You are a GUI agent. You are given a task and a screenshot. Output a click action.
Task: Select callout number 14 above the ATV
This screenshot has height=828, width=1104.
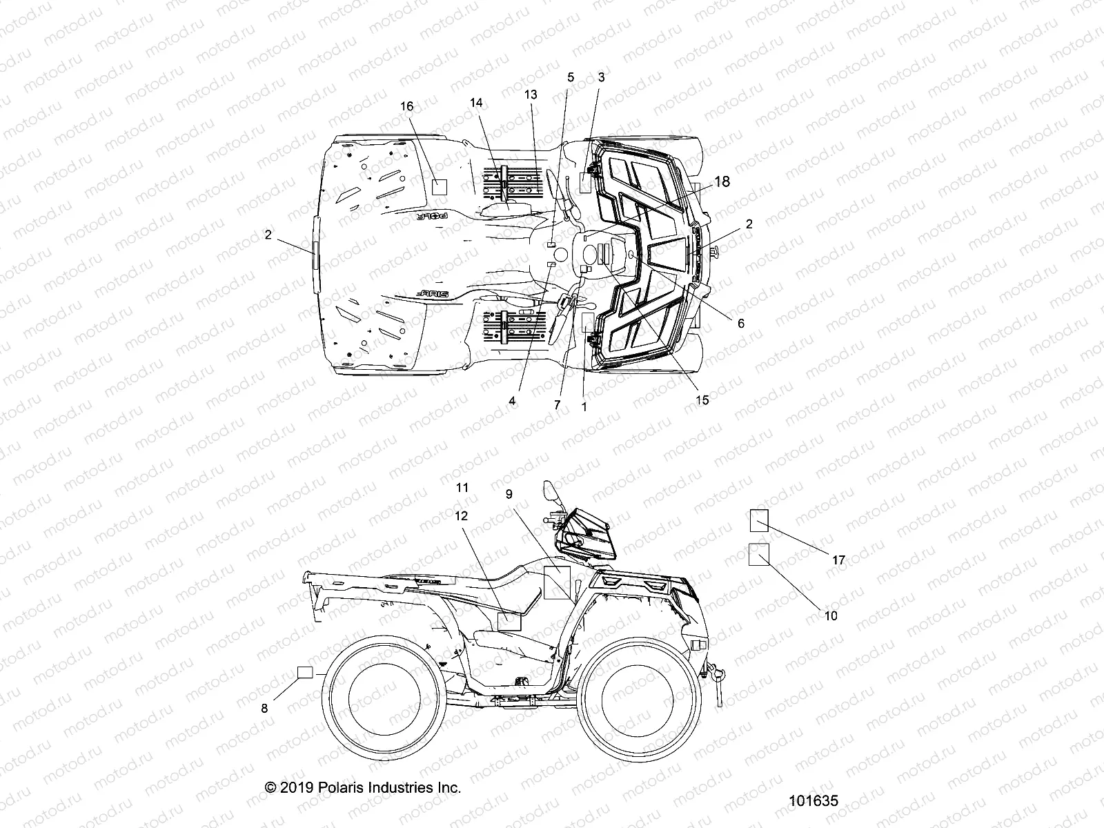click(476, 103)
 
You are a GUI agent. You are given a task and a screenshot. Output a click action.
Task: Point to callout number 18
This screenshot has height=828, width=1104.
click(721, 181)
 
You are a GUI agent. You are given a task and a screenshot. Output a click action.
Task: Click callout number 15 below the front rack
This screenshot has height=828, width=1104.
click(702, 400)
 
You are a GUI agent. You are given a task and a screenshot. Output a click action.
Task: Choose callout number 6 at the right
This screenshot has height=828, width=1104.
click(741, 323)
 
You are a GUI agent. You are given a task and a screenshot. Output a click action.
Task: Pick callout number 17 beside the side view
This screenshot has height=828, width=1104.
click(838, 560)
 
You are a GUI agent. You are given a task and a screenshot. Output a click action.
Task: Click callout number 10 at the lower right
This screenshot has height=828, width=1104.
click(831, 615)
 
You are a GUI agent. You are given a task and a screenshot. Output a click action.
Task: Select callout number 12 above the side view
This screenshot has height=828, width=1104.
click(461, 515)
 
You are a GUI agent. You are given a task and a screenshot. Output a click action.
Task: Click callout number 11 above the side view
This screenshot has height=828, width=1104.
click(462, 488)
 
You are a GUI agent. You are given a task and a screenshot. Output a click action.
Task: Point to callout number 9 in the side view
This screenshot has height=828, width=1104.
click(509, 494)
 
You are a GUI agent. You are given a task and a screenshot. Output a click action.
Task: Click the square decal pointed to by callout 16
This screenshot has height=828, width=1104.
click(439, 186)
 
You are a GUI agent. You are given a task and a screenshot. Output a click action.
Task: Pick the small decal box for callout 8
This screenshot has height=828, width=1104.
click(306, 673)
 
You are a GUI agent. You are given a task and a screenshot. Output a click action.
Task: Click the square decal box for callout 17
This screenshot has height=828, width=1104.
click(759, 520)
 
